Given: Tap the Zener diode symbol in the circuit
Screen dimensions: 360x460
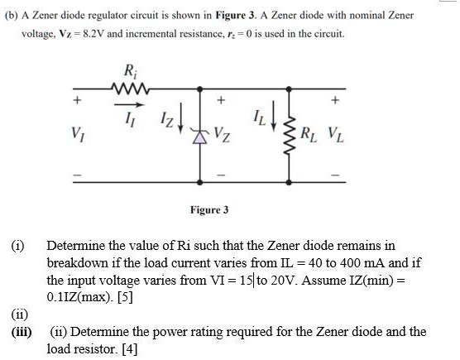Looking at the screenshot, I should click(x=199, y=133).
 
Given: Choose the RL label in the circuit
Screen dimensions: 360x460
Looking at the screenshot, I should click(x=313, y=133).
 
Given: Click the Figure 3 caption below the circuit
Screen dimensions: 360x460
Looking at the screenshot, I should click(x=208, y=210).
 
